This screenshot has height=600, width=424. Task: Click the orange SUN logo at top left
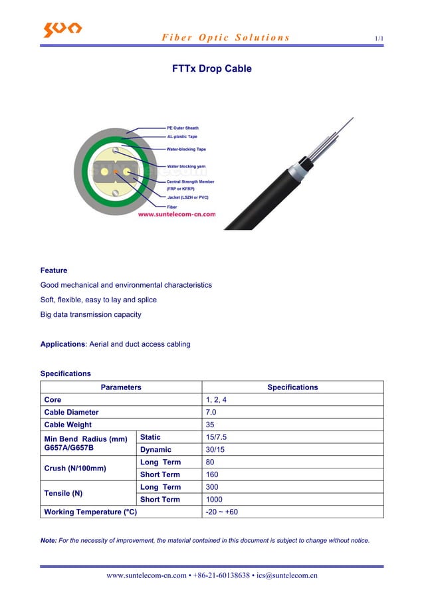(x=62, y=29)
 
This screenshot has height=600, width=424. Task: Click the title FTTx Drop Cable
(x=211, y=69)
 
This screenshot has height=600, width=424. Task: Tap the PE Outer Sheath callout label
(x=182, y=128)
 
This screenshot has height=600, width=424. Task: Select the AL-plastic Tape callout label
(x=181, y=137)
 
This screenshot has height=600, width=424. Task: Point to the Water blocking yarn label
(x=186, y=166)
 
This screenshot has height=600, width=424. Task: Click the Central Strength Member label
(x=190, y=181)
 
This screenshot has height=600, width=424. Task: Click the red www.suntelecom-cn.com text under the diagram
(x=176, y=215)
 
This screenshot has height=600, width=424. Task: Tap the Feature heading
(x=54, y=270)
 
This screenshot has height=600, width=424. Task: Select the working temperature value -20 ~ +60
(x=223, y=512)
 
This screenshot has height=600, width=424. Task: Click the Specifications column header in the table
(x=292, y=387)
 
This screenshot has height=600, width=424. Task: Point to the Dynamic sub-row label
(x=156, y=450)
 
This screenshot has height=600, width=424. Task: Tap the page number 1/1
(x=379, y=39)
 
